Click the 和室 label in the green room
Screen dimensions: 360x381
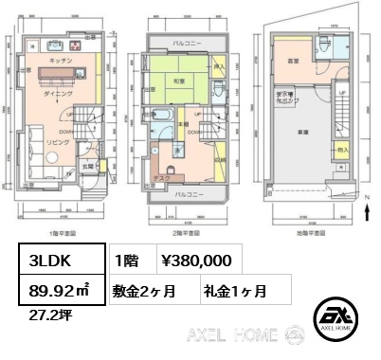tap(177, 81)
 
